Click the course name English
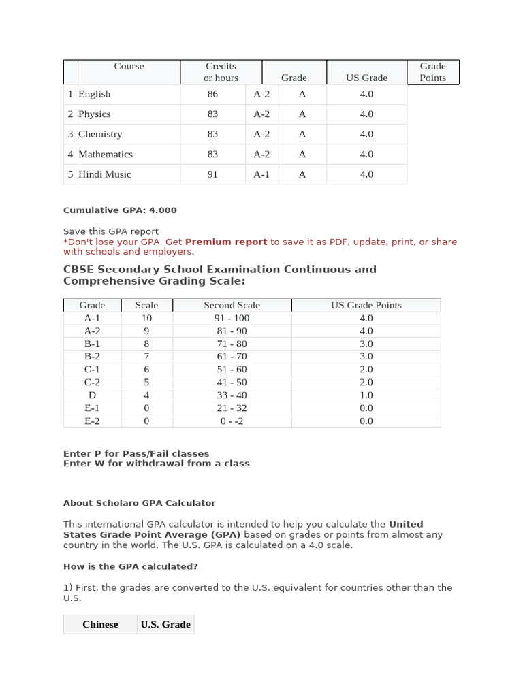(94, 94)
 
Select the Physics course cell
(94, 114)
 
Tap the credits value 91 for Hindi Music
(212, 174)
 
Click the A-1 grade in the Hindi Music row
(261, 174)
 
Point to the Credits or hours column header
(221, 72)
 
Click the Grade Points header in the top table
(432, 72)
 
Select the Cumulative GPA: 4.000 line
(120, 210)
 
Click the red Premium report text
(226, 242)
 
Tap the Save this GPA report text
(111, 231)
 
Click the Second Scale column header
(232, 305)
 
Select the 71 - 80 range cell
(232, 344)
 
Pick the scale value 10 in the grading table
(146, 318)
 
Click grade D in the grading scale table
(92, 395)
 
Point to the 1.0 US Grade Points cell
(366, 395)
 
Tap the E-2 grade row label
(92, 421)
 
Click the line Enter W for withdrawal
(156, 464)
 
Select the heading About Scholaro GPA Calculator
(139, 503)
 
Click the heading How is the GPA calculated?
(130, 566)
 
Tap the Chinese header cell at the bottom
(100, 624)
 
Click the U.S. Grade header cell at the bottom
(165, 624)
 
